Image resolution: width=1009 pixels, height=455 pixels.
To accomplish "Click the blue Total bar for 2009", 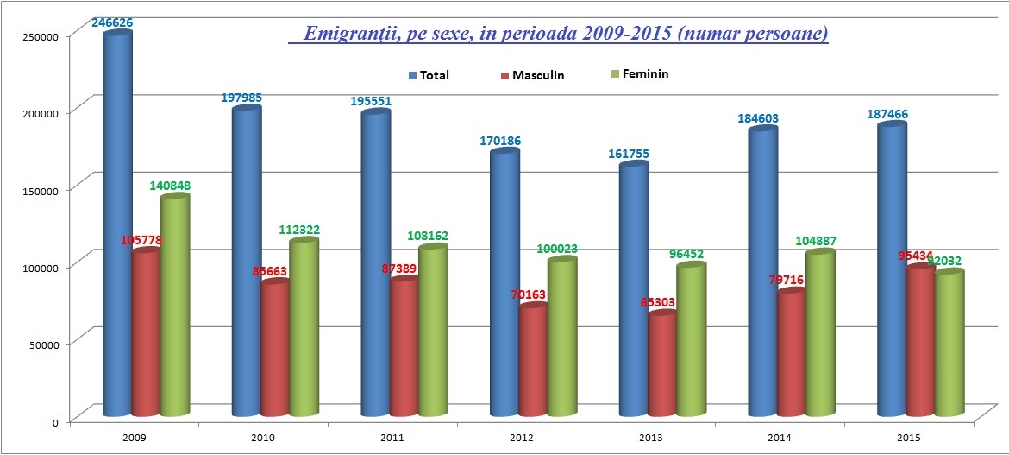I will pyautogui.click(x=118, y=224).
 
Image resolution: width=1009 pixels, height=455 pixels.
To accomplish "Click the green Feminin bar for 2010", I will pyautogui.click(x=304, y=328).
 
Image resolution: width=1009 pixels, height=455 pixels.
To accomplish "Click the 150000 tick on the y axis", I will pyautogui.click(x=40, y=189).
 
